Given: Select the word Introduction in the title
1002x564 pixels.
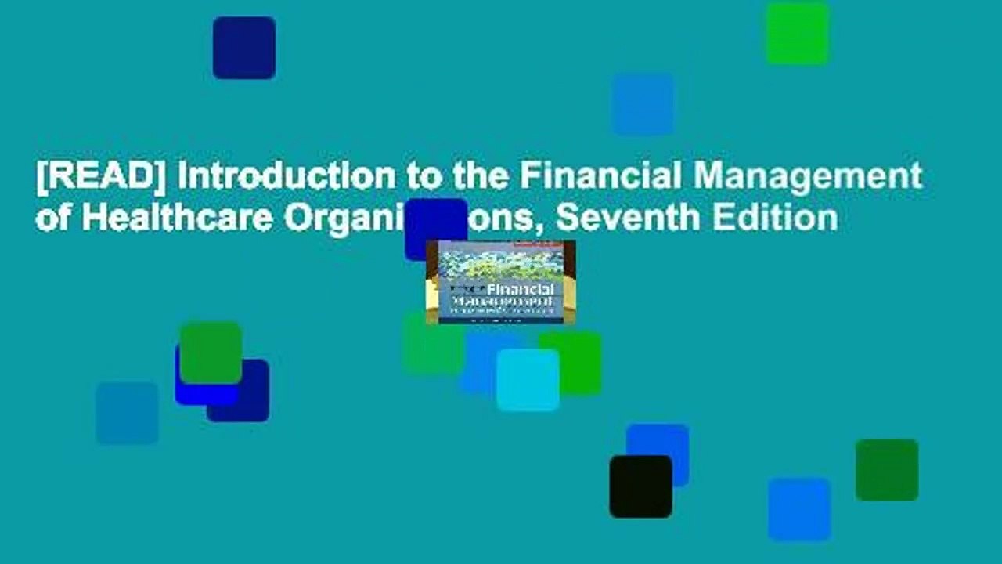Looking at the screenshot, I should point(286,178).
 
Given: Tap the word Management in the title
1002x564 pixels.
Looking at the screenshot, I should point(813,178).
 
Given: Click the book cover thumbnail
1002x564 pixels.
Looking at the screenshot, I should point(500,282).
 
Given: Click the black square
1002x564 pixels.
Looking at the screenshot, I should point(640,486).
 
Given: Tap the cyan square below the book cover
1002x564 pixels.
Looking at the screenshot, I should point(528,380).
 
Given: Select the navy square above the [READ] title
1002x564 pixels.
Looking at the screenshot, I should point(243,48).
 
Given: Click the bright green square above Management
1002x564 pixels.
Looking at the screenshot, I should point(797,34).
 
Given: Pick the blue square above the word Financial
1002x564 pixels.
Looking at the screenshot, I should point(643,104).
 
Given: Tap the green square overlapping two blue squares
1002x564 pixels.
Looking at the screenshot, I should point(211,352).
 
